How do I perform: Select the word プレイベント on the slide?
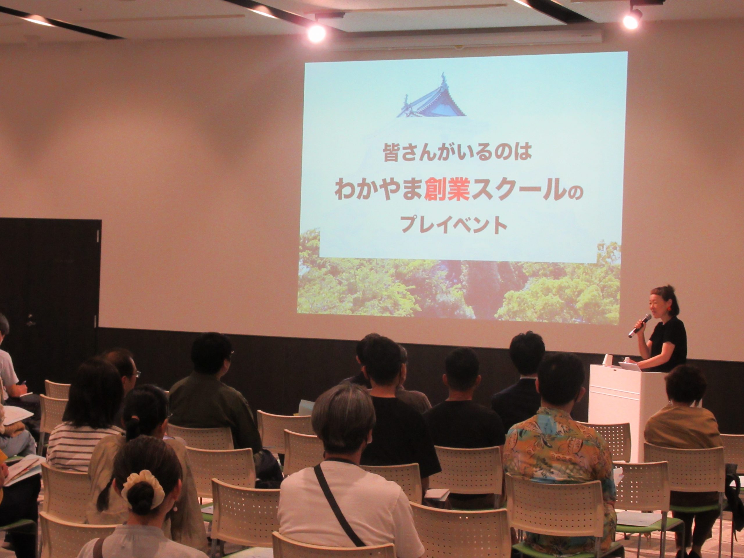(x=454, y=225)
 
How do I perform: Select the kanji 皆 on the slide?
(x=391, y=153)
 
